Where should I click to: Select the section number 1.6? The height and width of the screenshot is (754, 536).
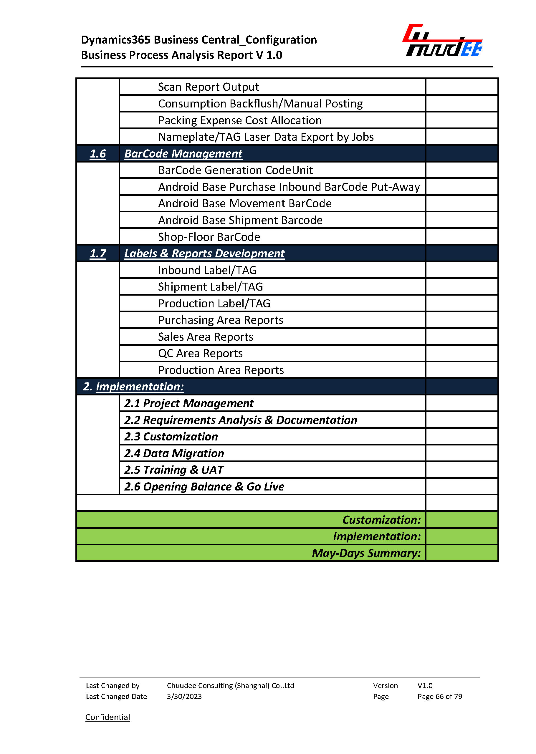coord(98,154)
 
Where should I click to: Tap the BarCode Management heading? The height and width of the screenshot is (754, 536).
coord(183,154)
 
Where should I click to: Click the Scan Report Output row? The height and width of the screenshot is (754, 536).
coord(208,87)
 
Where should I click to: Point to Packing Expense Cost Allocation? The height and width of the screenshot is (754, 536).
coord(240,120)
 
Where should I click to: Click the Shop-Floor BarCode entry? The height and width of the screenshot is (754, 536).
coord(209,237)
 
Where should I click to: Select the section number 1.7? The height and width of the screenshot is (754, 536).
coord(98,253)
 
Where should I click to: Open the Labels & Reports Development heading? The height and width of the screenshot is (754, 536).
coord(204,253)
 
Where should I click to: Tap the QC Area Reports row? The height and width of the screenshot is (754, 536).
coord(200,353)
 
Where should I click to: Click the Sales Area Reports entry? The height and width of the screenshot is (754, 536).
coord(206,337)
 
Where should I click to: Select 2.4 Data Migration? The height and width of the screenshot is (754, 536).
coord(174,453)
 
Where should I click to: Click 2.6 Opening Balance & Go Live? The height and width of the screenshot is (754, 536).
coord(204,487)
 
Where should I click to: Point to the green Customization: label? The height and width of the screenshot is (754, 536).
coord(382,520)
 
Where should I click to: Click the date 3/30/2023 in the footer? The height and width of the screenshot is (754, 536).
coord(184,697)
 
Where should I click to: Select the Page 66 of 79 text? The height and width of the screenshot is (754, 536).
coord(440,697)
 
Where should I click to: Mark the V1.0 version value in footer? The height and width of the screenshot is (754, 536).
coord(425,686)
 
